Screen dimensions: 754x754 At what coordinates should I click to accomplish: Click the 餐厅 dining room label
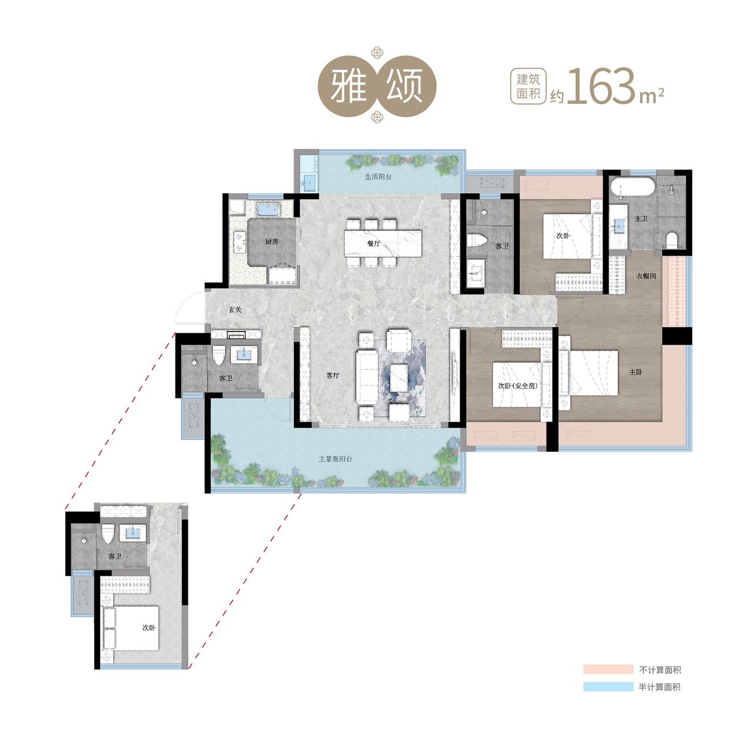[373, 243]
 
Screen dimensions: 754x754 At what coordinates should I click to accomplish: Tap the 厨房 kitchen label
[272, 242]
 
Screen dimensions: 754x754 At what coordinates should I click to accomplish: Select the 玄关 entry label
[235, 309]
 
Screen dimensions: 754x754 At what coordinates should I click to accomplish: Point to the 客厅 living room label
[333, 375]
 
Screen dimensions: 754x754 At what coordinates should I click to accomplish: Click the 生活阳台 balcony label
[378, 177]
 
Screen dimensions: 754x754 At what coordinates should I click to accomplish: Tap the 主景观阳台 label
[335, 459]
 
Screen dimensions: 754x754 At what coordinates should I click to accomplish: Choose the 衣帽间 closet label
[646, 276]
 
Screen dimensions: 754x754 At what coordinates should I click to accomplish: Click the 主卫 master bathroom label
[641, 219]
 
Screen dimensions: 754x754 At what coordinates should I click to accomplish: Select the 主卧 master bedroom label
[636, 372]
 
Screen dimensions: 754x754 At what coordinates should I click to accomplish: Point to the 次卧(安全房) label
[518, 386]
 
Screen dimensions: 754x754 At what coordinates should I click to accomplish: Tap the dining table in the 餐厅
[383, 243]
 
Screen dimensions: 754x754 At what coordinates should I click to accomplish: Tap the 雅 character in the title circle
[348, 87]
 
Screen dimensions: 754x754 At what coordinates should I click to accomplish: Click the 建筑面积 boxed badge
[528, 87]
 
